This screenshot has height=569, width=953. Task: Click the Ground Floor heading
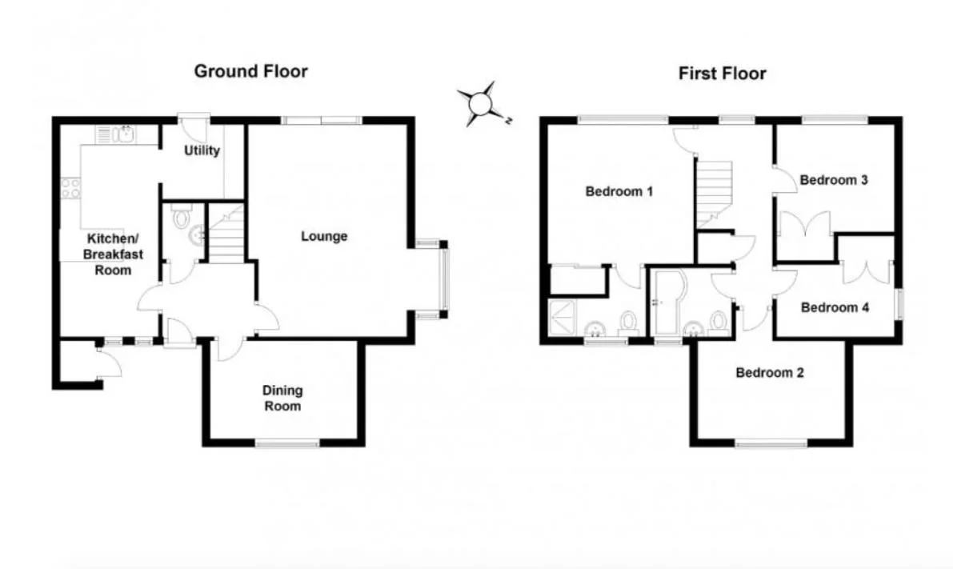tap(251, 72)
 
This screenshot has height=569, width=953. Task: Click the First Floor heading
tap(722, 74)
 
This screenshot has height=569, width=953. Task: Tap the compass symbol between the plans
tap(483, 104)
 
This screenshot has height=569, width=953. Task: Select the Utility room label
tap(202, 150)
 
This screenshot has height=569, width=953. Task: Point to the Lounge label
tap(324, 236)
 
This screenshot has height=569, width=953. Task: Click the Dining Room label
tap(282, 399)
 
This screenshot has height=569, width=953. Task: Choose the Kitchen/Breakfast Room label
tap(113, 254)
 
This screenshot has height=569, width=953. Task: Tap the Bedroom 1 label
tap(619, 191)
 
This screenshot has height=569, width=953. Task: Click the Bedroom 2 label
tap(770, 373)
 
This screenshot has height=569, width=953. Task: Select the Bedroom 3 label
tap(833, 180)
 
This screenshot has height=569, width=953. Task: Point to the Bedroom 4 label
tap(835, 307)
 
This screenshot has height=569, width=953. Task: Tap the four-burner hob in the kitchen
tap(70, 188)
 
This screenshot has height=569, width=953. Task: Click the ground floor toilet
tap(182, 217)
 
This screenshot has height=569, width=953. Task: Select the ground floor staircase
tap(226, 234)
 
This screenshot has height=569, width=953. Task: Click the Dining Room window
tap(287, 443)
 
